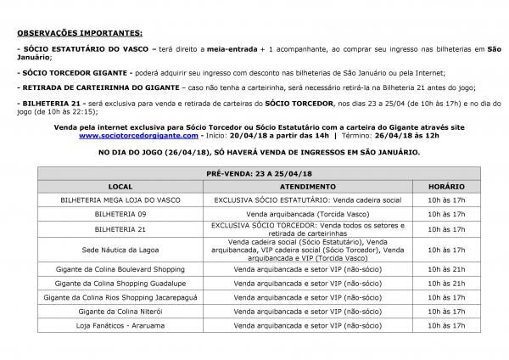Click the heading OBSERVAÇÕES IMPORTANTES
79,32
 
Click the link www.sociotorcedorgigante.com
138,135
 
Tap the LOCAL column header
120,184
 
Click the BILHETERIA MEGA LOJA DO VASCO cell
120,199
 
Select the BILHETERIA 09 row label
120,214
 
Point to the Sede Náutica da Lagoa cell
120,250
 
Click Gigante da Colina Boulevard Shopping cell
120,269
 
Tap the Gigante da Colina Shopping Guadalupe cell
120,284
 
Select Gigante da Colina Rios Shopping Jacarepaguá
120,298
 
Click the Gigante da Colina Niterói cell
120,312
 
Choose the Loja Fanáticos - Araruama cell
120,326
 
